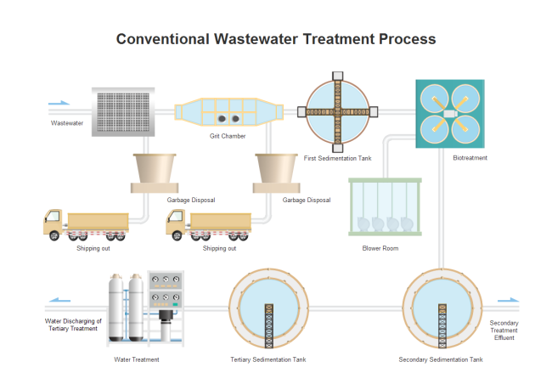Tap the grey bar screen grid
[x=123, y=111]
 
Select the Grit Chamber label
[x=228, y=136]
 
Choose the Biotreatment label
[x=470, y=158]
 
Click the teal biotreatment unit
[x=450, y=114]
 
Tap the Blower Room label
[x=380, y=248]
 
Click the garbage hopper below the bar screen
[x=154, y=172]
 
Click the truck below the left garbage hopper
[x=85, y=224]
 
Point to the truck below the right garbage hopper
[x=209, y=225]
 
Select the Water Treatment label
[x=137, y=359]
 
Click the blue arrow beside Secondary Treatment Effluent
[x=508, y=300]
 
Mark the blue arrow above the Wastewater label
[x=59, y=104]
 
